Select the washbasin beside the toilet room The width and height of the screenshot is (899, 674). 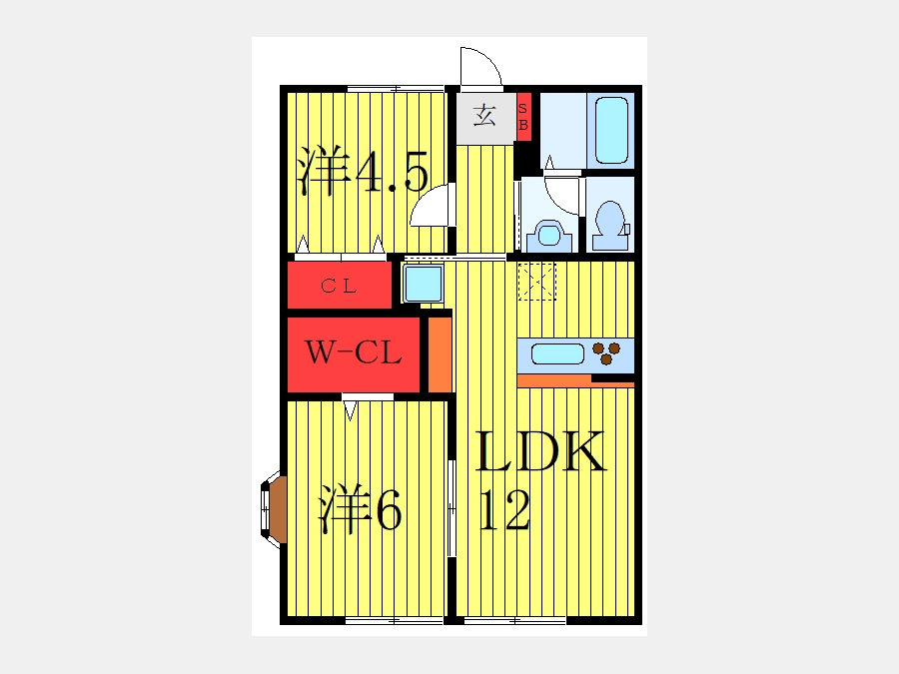(547, 235)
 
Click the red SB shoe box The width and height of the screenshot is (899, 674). (523, 117)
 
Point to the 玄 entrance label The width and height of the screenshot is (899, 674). (485, 116)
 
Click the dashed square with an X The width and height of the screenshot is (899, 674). (536, 281)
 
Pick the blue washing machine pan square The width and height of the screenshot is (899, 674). (423, 283)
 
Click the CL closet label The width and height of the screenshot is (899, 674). (339, 286)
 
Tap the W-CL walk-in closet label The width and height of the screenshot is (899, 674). (353, 352)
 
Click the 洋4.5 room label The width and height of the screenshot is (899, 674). (364, 173)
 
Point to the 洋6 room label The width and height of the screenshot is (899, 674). (360, 510)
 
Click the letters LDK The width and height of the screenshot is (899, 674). (539, 453)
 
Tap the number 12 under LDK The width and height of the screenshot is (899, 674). (504, 511)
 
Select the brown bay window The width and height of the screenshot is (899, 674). (275, 509)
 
